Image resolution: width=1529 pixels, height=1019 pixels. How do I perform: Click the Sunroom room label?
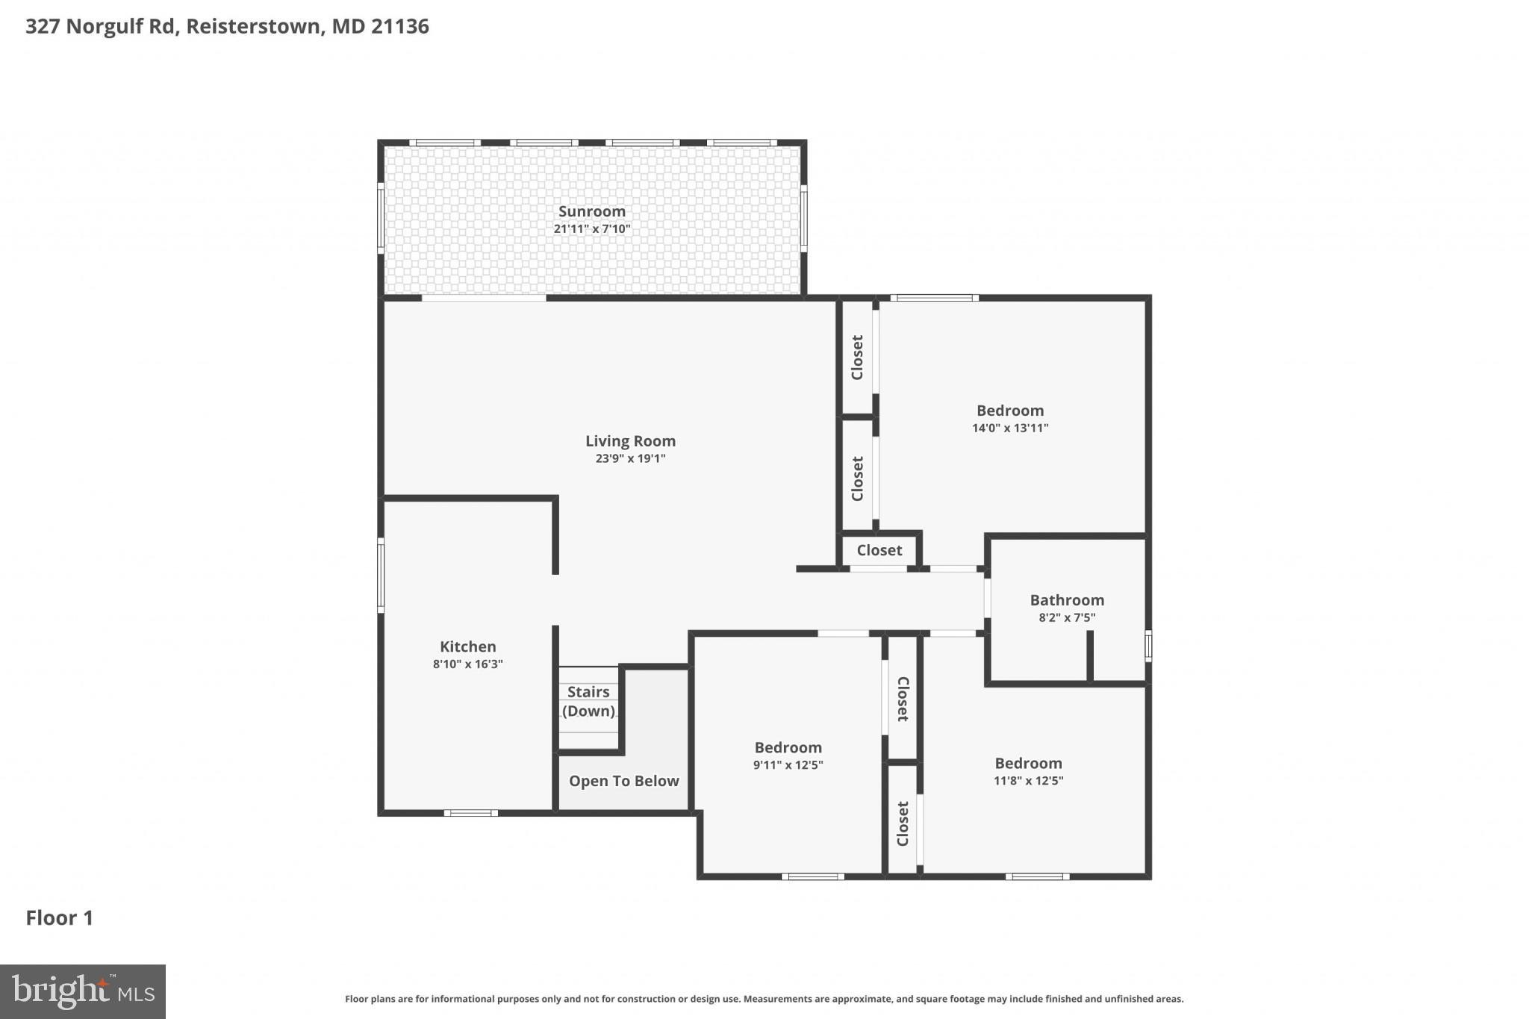pyautogui.click(x=591, y=211)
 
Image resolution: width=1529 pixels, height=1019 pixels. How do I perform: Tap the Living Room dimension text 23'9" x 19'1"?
pyautogui.click(x=630, y=458)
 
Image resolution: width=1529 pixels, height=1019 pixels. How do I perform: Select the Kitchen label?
pyautogui.click(x=467, y=646)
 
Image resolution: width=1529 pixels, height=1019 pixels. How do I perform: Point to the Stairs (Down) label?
pyautogui.click(x=588, y=701)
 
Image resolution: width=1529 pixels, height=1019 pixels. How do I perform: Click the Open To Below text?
pyautogui.click(x=623, y=781)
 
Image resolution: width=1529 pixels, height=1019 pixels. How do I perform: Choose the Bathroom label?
pyautogui.click(x=1067, y=600)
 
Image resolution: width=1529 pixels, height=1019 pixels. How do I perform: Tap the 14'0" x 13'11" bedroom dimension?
pyautogui.click(x=1009, y=428)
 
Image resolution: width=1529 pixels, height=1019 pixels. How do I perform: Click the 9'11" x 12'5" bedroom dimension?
pyautogui.click(x=788, y=764)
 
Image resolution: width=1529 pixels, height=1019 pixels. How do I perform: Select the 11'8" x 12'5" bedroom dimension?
pyautogui.click(x=1028, y=780)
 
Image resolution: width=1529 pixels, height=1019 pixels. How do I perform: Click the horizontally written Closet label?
pyautogui.click(x=879, y=550)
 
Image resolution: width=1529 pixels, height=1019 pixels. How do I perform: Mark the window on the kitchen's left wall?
pyautogui.click(x=381, y=575)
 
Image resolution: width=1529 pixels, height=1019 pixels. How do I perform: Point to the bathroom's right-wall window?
pyautogui.click(x=1148, y=646)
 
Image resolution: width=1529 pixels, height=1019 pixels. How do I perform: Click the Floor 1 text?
pyautogui.click(x=59, y=917)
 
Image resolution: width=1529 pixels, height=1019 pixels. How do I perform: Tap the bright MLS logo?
pyautogui.click(x=83, y=991)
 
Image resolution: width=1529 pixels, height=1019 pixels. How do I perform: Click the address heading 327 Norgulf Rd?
pyautogui.click(x=227, y=26)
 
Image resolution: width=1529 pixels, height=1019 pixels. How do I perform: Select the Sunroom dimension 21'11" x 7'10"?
pyautogui.click(x=591, y=228)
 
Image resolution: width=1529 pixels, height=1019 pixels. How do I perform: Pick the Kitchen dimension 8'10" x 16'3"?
pyautogui.click(x=467, y=664)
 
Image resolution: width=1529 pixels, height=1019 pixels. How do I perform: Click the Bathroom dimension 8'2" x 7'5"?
pyautogui.click(x=1067, y=617)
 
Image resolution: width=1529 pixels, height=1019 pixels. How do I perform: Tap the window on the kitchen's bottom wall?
pyautogui.click(x=470, y=813)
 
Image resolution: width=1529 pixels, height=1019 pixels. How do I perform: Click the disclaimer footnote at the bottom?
pyautogui.click(x=764, y=999)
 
